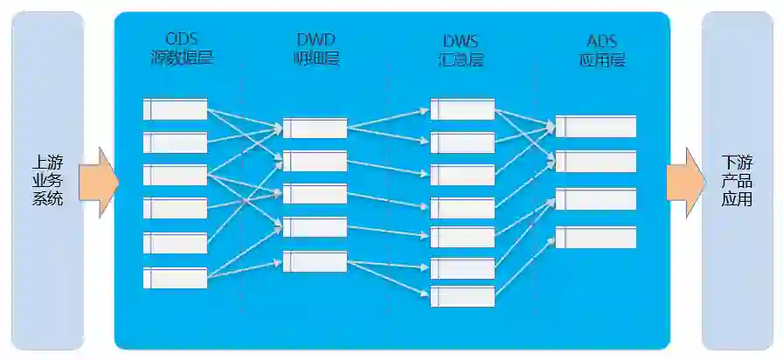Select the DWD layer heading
(x=315, y=49)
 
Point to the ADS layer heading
(x=603, y=49)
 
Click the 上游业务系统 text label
(x=47, y=180)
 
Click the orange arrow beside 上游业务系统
(x=98, y=182)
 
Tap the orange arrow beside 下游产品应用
(x=685, y=182)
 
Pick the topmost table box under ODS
(x=175, y=109)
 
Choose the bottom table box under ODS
(x=175, y=278)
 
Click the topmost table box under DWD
(x=315, y=128)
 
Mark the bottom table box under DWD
(x=315, y=261)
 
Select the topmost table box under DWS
(x=462, y=109)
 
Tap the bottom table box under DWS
(x=462, y=296)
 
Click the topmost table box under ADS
(x=595, y=126)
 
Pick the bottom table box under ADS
(x=595, y=238)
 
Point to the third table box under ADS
(x=595, y=199)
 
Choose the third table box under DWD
(x=315, y=194)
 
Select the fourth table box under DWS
(x=462, y=208)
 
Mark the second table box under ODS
(x=175, y=142)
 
